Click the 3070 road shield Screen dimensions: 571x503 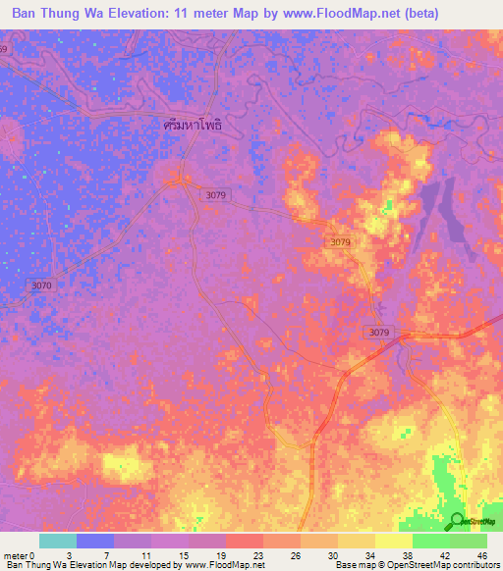click(x=41, y=285)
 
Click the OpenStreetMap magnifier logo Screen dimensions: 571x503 click(x=457, y=521)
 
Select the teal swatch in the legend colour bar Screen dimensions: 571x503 click(x=57, y=541)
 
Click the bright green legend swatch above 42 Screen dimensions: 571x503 click(x=430, y=541)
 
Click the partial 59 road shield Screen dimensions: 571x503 click(x=4, y=48)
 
